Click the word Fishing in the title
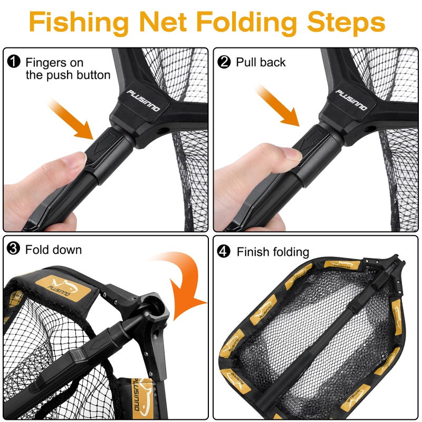(x=78, y=23)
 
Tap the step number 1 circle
(x=14, y=62)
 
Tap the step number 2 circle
(x=224, y=62)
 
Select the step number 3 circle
(x=14, y=248)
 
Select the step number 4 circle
(x=224, y=252)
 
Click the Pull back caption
(x=261, y=62)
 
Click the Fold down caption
(x=53, y=249)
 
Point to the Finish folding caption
(x=273, y=252)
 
